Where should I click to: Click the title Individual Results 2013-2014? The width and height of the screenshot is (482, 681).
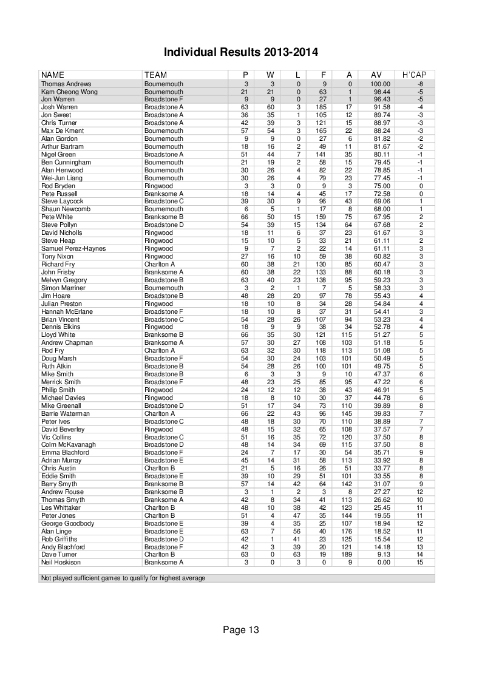click(241, 52)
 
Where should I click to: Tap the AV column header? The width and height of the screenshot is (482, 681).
click(376, 75)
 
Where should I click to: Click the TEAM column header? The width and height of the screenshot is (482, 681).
click(155, 75)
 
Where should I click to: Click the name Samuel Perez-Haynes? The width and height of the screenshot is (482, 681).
click(73, 248)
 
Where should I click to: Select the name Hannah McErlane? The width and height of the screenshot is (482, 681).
click(67, 311)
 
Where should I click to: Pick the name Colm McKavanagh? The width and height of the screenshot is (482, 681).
click(69, 445)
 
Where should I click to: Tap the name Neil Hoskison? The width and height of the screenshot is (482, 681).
click(62, 563)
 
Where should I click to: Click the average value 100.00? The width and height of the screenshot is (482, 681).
click(379, 83)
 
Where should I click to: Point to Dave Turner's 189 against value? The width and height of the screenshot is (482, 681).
click(348, 555)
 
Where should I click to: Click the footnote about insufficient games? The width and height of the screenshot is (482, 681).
click(123, 578)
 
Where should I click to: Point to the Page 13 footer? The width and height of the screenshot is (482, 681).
click(241, 630)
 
